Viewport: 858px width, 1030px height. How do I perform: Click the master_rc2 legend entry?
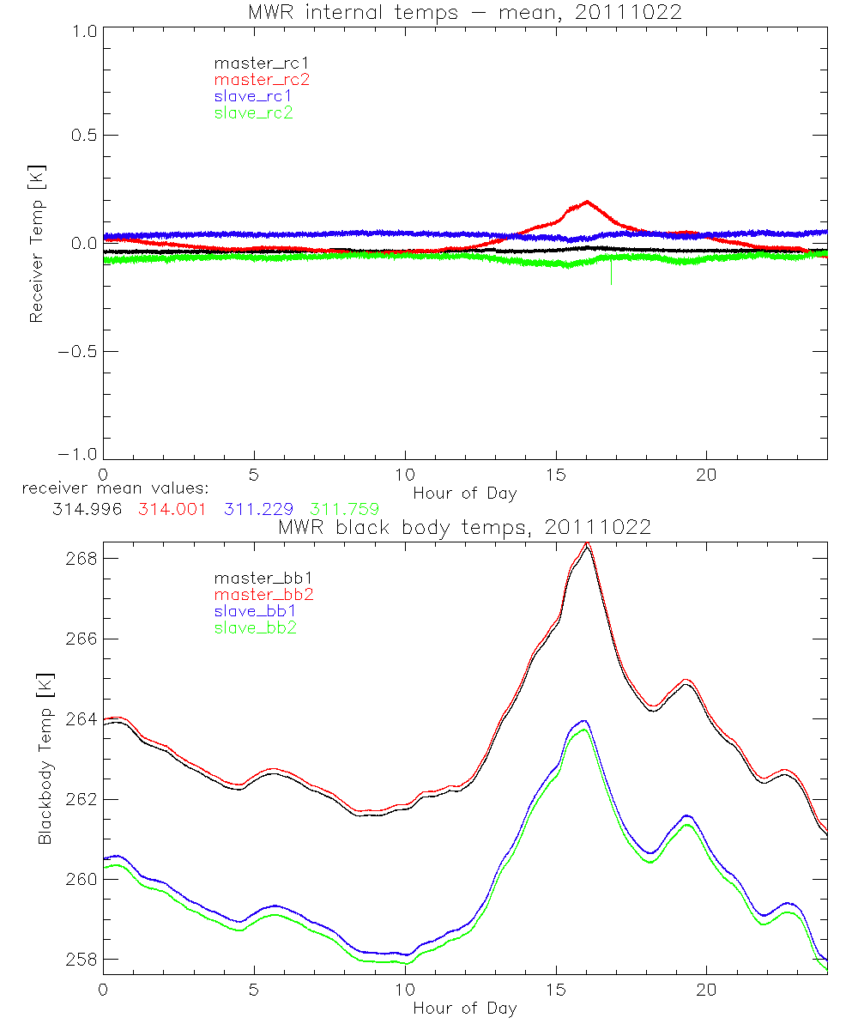[262, 80]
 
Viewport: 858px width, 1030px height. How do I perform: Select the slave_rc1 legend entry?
[253, 96]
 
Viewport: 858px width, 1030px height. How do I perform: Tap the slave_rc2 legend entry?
[253, 112]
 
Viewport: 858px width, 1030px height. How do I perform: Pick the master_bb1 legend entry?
[262, 579]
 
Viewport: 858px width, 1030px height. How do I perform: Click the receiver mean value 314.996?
[87, 509]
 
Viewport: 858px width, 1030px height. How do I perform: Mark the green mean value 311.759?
[344, 509]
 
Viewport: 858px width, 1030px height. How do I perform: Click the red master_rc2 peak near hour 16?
[587, 203]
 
